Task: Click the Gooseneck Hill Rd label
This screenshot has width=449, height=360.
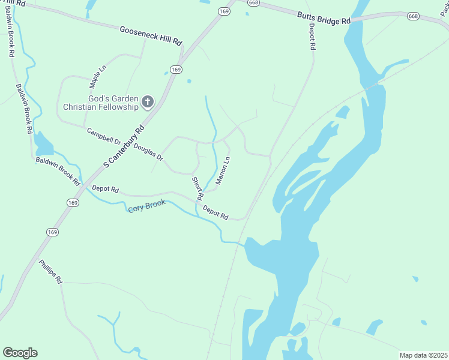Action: [150, 36]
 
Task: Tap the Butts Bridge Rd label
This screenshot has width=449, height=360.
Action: [323, 16]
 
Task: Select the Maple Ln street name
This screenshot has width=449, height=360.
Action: [98, 77]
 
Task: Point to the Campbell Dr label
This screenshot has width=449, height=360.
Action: [104, 136]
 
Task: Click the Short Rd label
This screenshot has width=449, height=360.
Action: [197, 188]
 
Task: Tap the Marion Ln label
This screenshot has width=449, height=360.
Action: [223, 170]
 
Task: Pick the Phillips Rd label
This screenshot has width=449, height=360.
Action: [51, 272]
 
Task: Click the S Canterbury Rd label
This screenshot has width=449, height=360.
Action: [124, 146]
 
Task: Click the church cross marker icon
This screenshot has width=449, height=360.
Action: [148, 103]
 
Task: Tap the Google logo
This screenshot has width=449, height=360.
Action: [20, 353]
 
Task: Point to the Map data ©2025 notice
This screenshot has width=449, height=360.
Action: [423, 355]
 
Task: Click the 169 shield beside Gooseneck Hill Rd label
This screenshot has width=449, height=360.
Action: [175, 70]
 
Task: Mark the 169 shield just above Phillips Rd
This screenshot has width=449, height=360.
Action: [53, 232]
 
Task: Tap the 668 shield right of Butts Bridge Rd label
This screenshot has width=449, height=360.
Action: [413, 16]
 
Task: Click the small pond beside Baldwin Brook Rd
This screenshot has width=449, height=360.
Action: [43, 143]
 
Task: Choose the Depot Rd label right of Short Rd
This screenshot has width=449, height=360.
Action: [215, 212]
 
